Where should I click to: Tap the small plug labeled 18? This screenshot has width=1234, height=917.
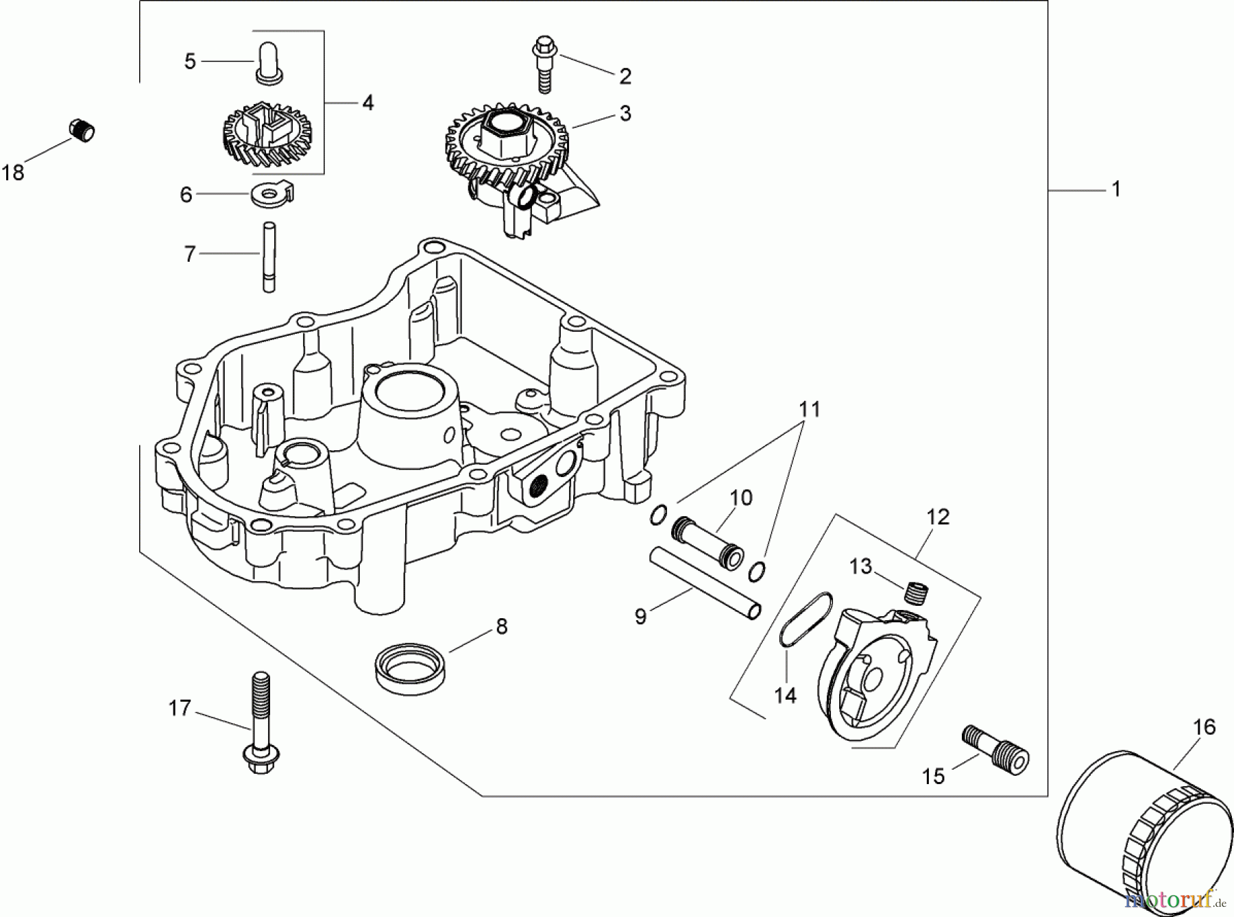click(82, 130)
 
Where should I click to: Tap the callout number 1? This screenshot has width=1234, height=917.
click(1116, 188)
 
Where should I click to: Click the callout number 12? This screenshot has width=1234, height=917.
click(938, 517)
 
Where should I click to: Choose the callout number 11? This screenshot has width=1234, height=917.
click(810, 409)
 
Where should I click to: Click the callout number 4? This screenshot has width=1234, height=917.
click(368, 103)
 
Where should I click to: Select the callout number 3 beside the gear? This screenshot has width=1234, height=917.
click(625, 113)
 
